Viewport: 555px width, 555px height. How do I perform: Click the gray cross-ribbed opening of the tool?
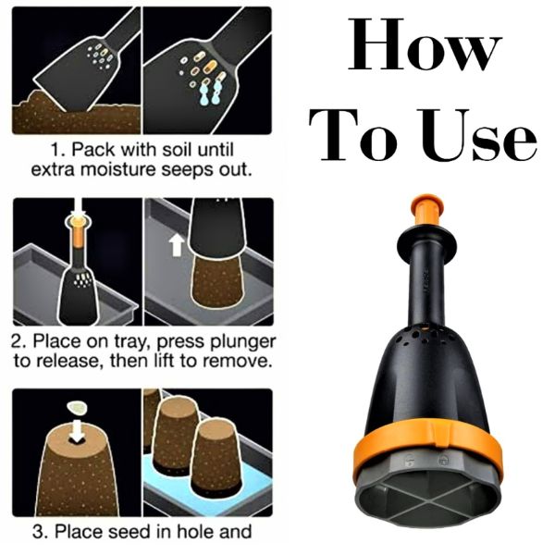click(x=428, y=499)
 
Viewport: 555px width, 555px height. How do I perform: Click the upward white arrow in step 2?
click(x=177, y=244)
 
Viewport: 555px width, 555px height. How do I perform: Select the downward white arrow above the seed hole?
click(x=77, y=431)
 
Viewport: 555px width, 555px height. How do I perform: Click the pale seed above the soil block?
click(x=77, y=409)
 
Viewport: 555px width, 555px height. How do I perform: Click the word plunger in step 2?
click(x=243, y=342)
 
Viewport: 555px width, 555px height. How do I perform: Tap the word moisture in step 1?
click(x=118, y=170)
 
